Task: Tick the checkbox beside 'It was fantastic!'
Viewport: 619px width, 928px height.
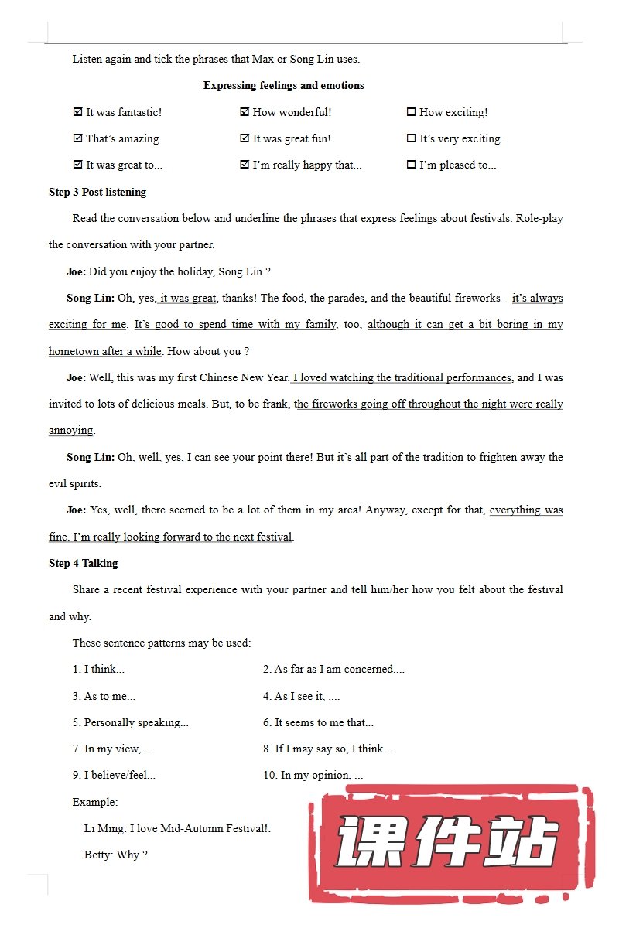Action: (x=77, y=112)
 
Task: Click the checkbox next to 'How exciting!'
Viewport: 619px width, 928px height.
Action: (x=411, y=112)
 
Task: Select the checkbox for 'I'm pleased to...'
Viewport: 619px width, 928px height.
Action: (x=411, y=165)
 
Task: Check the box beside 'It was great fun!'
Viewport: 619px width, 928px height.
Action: (x=245, y=138)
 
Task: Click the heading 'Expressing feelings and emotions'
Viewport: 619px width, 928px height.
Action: (x=283, y=85)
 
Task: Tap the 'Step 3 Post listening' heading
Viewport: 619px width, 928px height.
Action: (x=97, y=192)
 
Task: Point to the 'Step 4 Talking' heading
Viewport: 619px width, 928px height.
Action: (x=84, y=563)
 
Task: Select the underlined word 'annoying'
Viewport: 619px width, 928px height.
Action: (x=70, y=430)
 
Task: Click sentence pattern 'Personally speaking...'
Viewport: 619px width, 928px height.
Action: (x=131, y=722)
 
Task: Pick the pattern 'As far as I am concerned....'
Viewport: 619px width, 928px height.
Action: (x=333, y=669)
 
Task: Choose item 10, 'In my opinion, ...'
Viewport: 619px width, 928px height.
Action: (x=313, y=775)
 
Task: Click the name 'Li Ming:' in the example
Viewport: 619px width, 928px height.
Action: (x=105, y=828)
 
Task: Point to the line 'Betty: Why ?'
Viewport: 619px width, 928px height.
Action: (x=115, y=855)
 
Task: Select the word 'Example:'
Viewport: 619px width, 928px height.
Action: (x=95, y=802)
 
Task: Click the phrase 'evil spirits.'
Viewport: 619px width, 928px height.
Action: (x=75, y=483)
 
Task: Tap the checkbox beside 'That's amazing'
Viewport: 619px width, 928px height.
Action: (x=77, y=138)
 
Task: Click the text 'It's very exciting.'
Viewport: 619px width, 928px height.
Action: (x=461, y=138)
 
